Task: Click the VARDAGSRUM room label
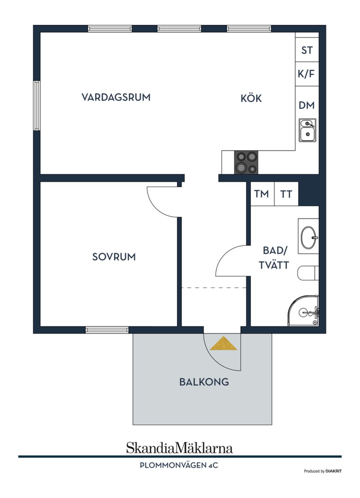116,97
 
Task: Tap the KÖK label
251,98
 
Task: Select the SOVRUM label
114,257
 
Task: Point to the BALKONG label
204,382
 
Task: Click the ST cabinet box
307,50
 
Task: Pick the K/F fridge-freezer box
306,74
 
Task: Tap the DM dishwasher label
306,105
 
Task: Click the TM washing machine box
262,194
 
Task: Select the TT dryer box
286,194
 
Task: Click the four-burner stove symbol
246,162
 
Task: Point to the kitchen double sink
307,130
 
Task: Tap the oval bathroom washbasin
309,238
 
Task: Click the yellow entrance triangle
223,344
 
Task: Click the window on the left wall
36,105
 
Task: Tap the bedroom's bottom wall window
107,330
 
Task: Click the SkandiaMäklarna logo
179,448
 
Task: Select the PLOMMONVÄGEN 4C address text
179,465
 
